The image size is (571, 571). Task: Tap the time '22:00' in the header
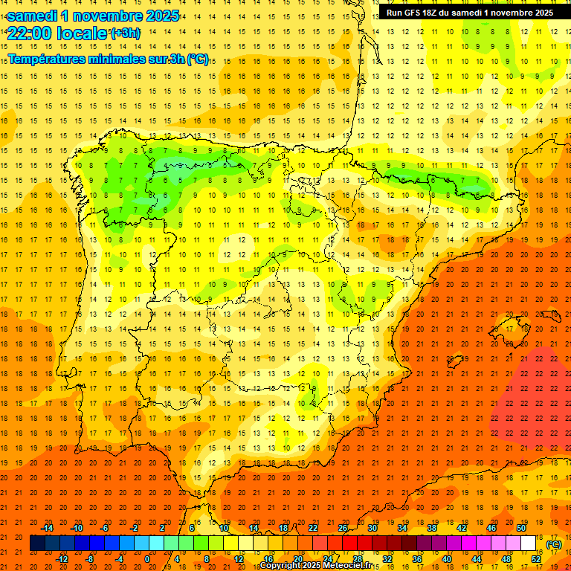click(29, 33)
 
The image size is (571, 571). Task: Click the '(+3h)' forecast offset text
click(124, 33)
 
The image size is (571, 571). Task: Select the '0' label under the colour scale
click(148, 558)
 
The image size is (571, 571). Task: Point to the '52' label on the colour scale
click(536, 558)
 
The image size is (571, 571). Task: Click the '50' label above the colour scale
click(521, 528)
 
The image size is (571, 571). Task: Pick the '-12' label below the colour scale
click(62, 558)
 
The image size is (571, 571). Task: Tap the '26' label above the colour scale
click(343, 528)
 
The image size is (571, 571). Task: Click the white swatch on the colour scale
click(528, 543)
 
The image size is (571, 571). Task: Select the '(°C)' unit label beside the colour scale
click(553, 544)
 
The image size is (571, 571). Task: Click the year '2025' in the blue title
click(158, 16)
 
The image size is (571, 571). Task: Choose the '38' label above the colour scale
click(432, 528)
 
